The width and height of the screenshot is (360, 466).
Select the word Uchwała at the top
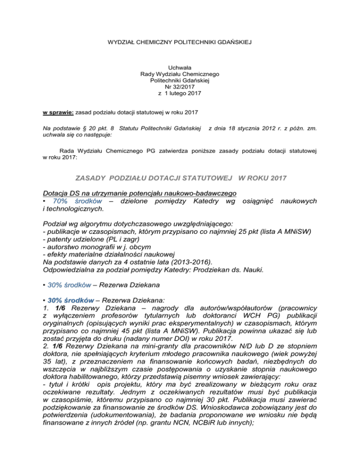click(x=180, y=67)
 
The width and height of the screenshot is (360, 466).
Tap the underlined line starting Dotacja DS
click(x=139, y=193)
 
